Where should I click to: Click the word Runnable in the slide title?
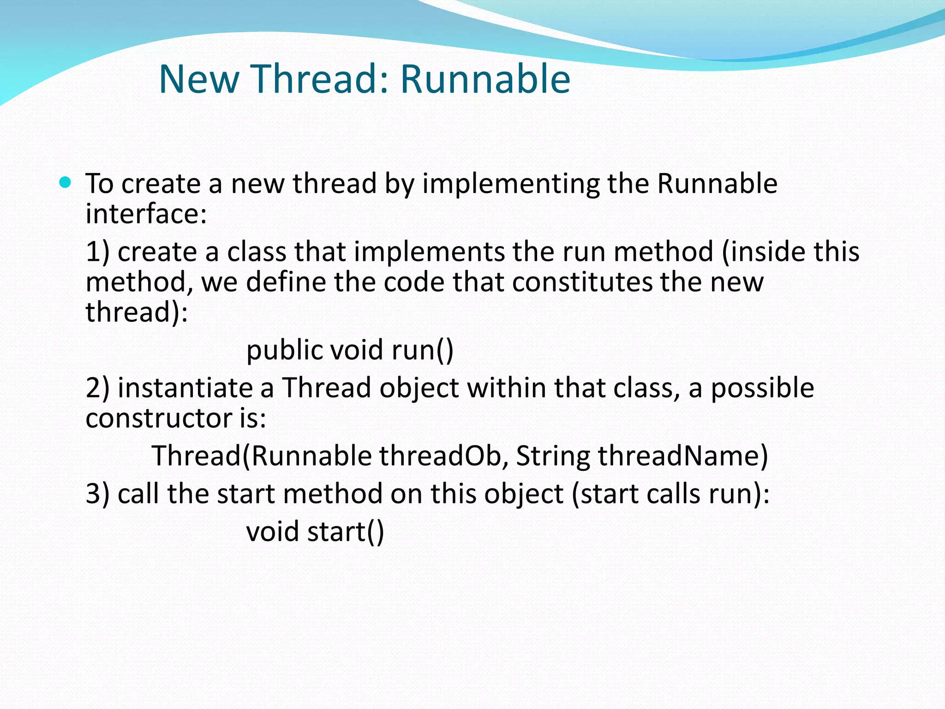coord(485,79)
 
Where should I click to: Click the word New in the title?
coord(199,79)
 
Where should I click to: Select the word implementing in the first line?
coord(511,184)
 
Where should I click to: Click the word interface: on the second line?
coord(146,214)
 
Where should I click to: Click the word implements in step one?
coord(429,252)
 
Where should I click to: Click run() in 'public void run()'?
coord(423,350)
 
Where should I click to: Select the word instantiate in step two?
coord(185,388)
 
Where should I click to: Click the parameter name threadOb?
coord(443,456)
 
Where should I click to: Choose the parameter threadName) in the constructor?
coord(683,456)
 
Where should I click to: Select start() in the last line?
coord(345,532)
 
